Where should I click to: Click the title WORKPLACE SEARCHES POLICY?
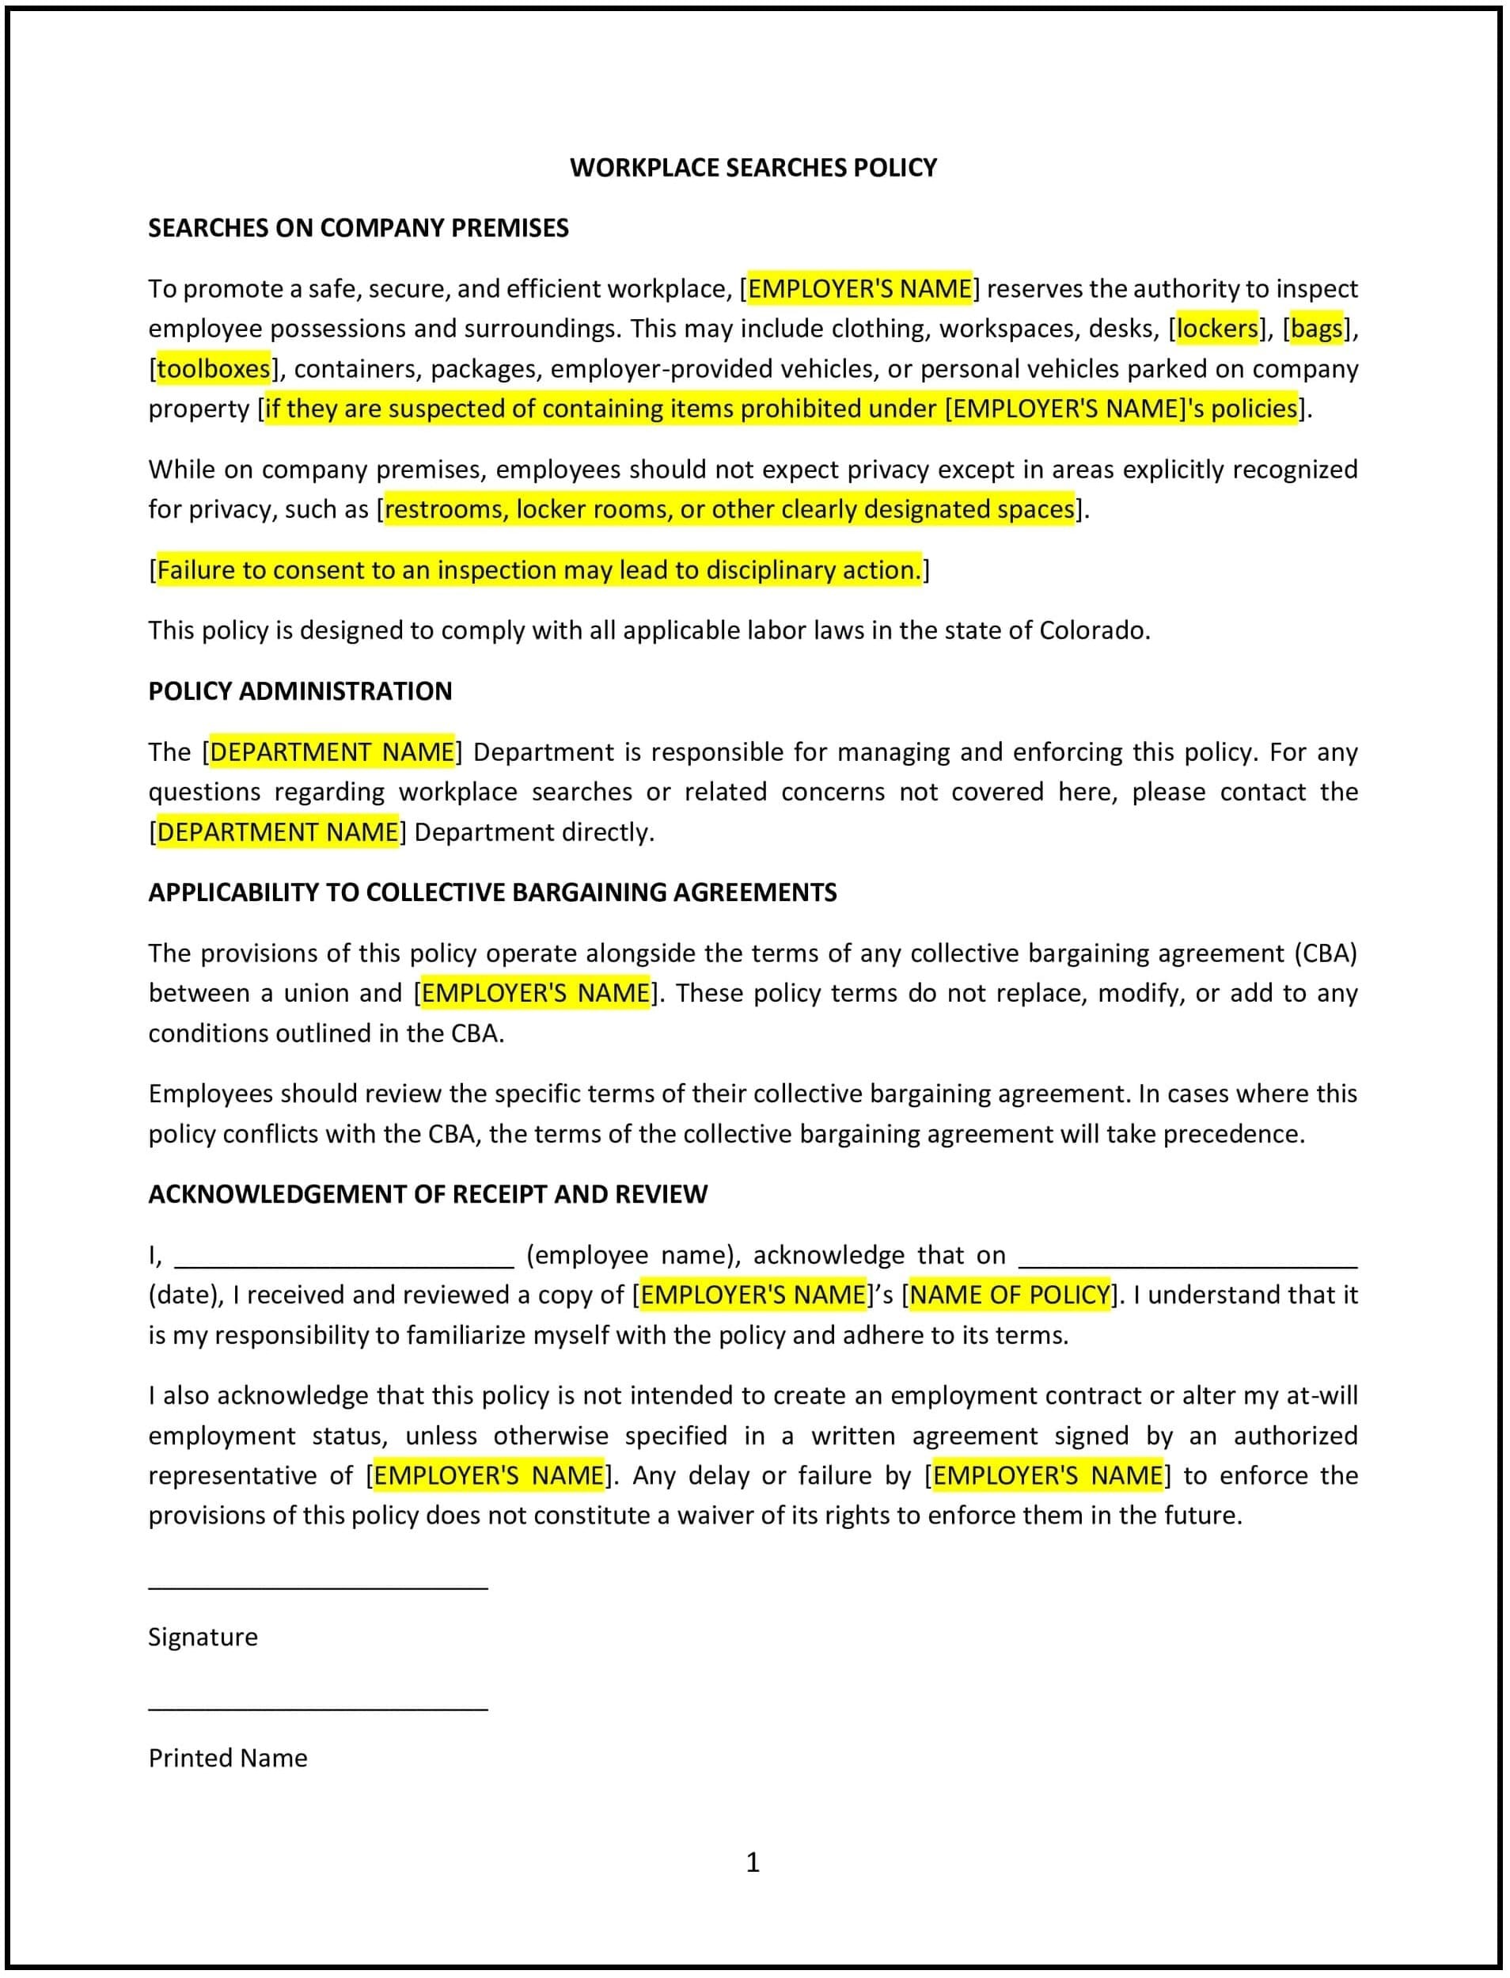click(x=753, y=168)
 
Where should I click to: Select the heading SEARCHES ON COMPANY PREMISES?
click(x=358, y=228)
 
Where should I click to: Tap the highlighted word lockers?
click(x=1217, y=329)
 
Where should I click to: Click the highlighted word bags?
click(x=1316, y=329)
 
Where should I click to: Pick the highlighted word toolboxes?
click(x=213, y=369)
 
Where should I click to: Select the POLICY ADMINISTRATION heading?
click(x=300, y=691)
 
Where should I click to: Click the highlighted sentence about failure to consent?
click(x=539, y=570)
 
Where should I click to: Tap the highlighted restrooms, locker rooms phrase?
click(x=729, y=510)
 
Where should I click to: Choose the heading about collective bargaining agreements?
click(x=492, y=893)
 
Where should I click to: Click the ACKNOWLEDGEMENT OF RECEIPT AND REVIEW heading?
click(x=428, y=1195)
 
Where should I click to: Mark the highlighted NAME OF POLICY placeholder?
click(x=1009, y=1295)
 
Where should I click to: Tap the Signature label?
click(x=203, y=1638)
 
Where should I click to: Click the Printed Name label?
click(x=227, y=1759)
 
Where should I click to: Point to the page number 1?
click(x=753, y=1862)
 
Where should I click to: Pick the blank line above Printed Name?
click(x=318, y=1708)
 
